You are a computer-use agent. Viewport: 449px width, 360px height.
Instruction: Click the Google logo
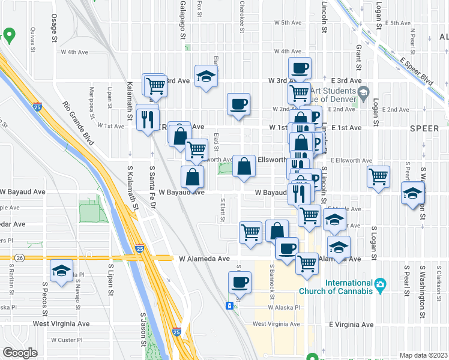[x=20, y=353]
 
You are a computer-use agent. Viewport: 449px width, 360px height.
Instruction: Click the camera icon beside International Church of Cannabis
[x=379, y=284]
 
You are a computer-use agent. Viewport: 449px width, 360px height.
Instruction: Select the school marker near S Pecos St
[x=61, y=271]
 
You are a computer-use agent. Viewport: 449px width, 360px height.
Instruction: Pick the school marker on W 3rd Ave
[x=206, y=76]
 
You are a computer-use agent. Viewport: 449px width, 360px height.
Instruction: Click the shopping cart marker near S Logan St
[x=378, y=177]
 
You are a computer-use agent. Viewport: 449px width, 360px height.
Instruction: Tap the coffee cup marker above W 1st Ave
[x=238, y=104]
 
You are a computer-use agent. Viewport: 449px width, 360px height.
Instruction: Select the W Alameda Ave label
[x=205, y=259]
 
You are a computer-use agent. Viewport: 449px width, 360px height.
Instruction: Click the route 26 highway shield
[x=19, y=258]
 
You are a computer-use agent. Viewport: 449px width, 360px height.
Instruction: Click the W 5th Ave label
[x=288, y=23]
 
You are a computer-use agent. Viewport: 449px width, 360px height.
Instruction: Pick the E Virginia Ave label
[x=351, y=325]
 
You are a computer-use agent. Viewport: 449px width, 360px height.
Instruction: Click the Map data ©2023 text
[x=423, y=355]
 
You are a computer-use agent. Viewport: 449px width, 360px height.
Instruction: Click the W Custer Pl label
[x=66, y=340]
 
